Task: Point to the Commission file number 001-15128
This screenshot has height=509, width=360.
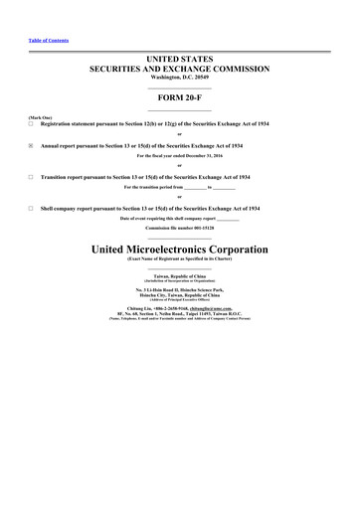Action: pyautogui.click(x=179, y=229)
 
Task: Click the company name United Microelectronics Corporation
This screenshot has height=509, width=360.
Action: pyautogui.click(x=180, y=248)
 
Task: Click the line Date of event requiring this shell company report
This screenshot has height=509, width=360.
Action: pyautogui.click(x=180, y=218)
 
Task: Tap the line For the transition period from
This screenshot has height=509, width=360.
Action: pyautogui.click(x=180, y=187)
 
